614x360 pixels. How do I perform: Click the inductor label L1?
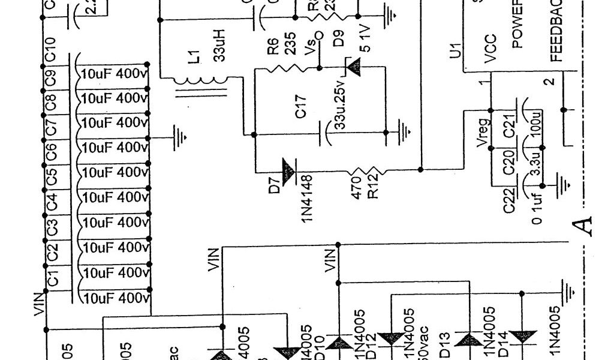[192, 58]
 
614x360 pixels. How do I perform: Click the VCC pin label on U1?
[490, 53]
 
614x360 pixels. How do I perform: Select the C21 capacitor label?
[510, 128]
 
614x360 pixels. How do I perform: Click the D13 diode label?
[445, 343]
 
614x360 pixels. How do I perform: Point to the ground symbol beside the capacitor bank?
[179, 139]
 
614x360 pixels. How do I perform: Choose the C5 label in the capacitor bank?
[52, 178]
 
